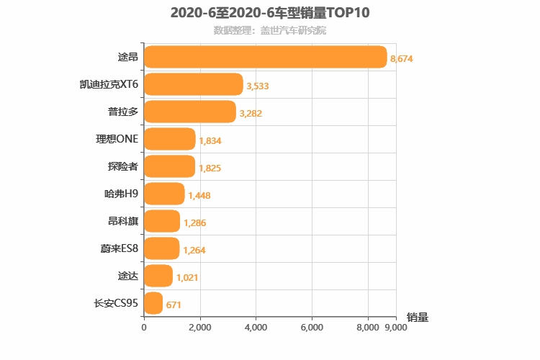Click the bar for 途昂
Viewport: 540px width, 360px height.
point(265,57)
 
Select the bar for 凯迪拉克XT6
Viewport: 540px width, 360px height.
point(193,84)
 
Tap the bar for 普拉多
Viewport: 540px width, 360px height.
point(190,112)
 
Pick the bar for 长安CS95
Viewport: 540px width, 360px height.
point(153,303)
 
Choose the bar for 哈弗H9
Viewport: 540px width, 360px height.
point(164,194)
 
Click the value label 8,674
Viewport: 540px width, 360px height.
point(401,58)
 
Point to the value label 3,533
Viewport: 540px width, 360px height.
point(258,86)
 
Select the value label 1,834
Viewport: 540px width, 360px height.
point(210,140)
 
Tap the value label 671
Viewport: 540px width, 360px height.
point(174,305)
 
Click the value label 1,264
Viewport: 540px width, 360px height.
point(194,250)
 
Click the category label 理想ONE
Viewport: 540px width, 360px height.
point(117,139)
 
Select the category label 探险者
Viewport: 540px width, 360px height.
point(122,166)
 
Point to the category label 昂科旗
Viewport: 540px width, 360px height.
point(122,221)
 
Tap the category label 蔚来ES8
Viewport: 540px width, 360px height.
point(119,248)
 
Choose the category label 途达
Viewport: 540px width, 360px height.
point(127,276)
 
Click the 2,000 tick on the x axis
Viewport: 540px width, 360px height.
point(200,327)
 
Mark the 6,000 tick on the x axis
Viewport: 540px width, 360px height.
point(312,327)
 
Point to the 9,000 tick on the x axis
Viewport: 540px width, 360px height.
point(397,327)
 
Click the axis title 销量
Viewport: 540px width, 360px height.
point(417,317)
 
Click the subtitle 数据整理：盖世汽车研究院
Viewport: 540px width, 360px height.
point(269,30)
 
